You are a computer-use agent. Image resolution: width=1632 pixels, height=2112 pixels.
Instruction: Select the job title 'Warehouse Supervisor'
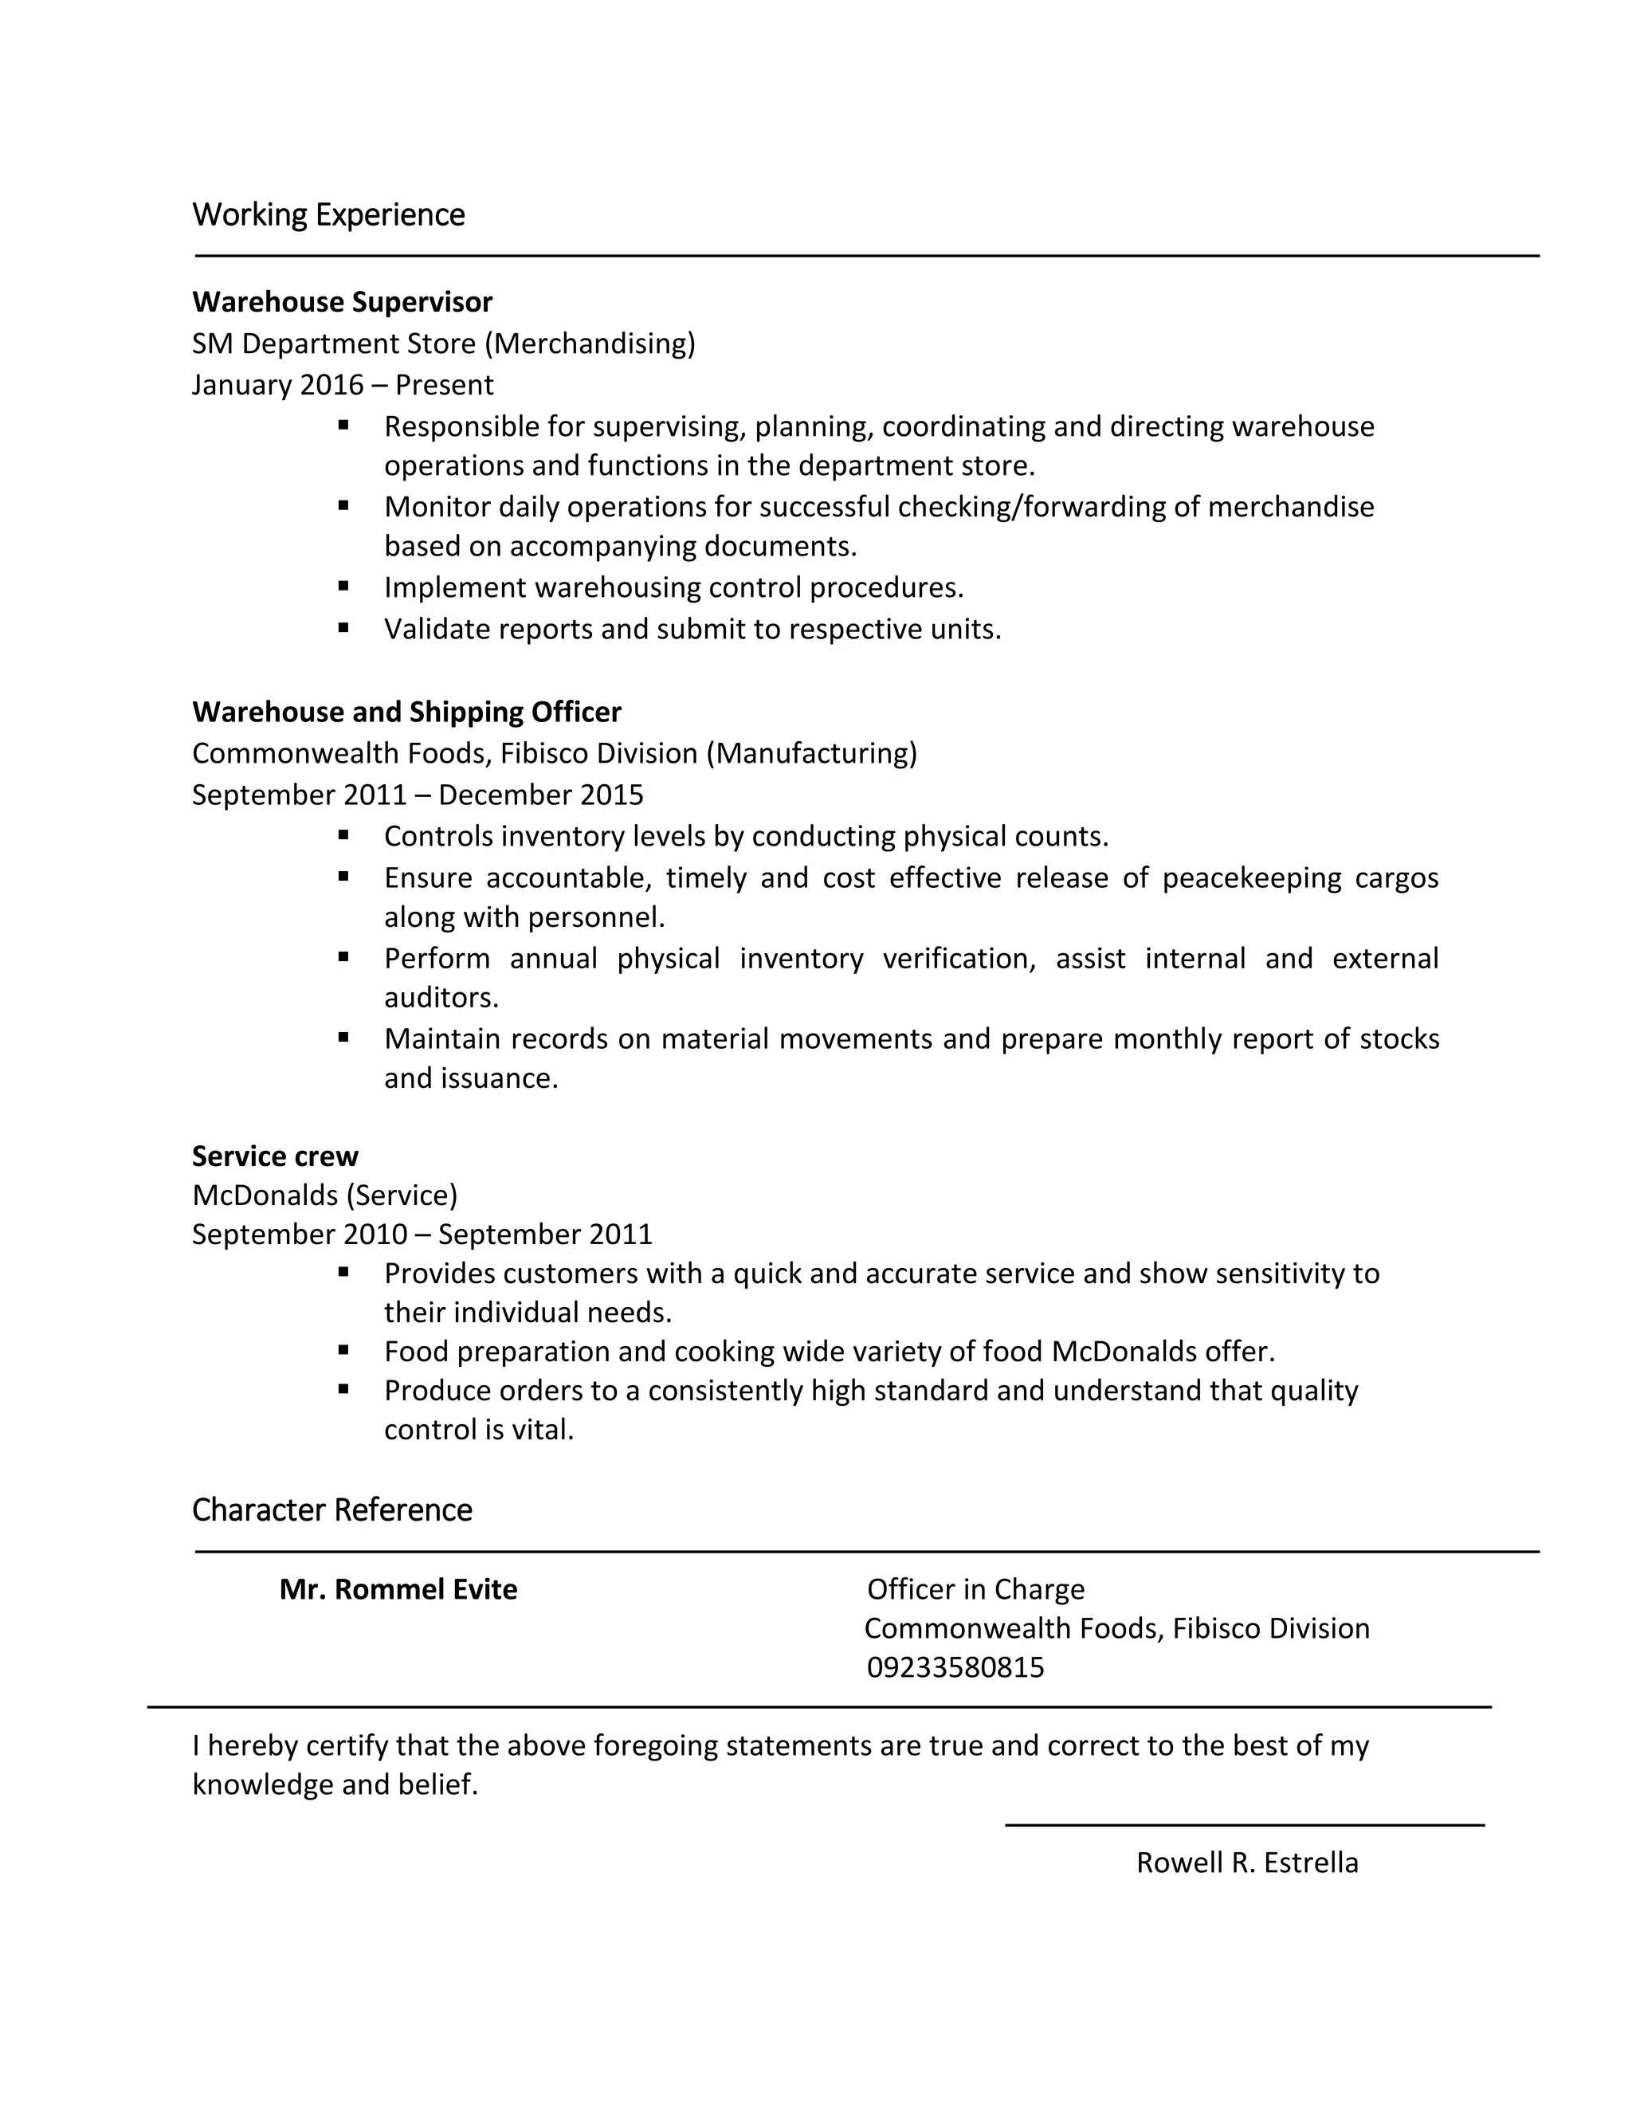(x=342, y=303)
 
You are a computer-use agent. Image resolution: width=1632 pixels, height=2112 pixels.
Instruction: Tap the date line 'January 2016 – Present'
(x=342, y=385)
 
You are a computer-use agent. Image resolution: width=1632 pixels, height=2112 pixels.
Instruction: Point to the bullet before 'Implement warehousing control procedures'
(x=343, y=586)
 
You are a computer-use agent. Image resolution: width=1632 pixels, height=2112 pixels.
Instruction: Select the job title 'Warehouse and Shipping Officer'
(x=406, y=713)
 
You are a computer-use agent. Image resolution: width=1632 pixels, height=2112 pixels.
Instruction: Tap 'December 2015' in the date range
(x=540, y=795)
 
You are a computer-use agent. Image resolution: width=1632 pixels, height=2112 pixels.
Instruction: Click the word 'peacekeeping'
(x=1251, y=878)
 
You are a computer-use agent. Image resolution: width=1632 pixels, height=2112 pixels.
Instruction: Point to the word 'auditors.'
(x=441, y=998)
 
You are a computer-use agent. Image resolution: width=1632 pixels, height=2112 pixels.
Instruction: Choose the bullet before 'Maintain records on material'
(x=343, y=1038)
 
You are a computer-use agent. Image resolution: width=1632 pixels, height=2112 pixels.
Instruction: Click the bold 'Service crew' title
(x=275, y=1156)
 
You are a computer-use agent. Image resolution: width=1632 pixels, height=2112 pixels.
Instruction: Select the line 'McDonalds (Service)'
(x=325, y=1196)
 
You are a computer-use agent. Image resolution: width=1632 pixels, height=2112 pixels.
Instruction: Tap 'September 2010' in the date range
(x=300, y=1235)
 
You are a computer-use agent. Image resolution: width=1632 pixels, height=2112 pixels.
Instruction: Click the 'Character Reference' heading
(x=331, y=1510)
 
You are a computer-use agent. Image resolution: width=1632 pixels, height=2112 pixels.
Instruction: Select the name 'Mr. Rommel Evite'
(x=398, y=1590)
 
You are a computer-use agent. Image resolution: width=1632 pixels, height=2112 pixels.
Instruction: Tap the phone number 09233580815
(x=955, y=1668)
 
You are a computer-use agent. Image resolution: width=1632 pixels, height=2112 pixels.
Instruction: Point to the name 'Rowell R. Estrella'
(x=1247, y=1863)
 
